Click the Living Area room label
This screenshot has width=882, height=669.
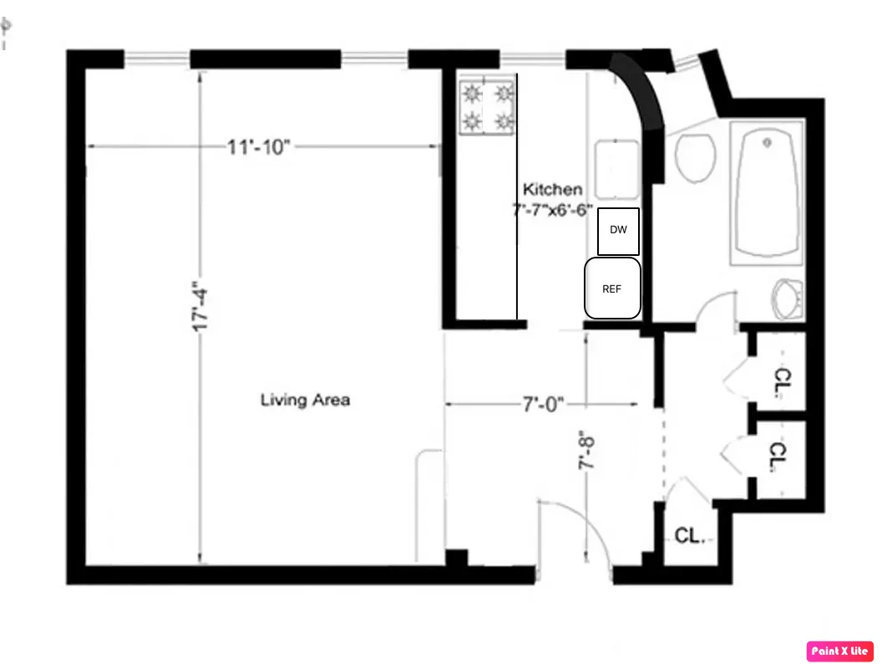tap(305, 401)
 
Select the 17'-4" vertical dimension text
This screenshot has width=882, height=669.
tap(199, 309)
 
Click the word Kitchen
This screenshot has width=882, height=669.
tap(552, 190)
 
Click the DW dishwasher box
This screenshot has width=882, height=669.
tap(618, 231)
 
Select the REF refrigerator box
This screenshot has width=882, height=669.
tap(612, 289)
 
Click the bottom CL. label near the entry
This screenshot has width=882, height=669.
tap(690, 536)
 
